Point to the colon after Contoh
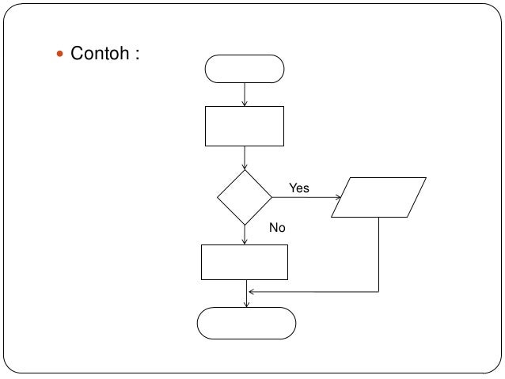137,55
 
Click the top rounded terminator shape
245,69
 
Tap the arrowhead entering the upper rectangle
245,103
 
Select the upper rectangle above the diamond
245,127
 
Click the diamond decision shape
245,197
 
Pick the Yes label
299,188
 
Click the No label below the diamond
277,228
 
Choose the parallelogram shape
379,197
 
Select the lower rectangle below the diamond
245,262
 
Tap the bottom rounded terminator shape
246,323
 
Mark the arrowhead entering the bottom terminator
247,304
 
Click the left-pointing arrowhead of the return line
251,291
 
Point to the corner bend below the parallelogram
379,291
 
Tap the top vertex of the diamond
245,169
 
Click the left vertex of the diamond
218,197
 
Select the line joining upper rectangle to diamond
245,157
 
